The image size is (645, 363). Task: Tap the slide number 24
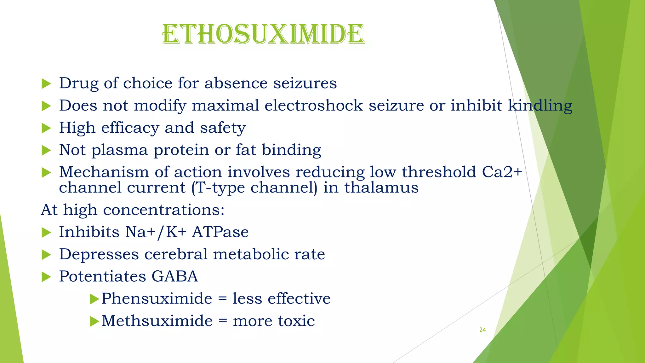pos(482,330)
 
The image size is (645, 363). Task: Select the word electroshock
pos(314,106)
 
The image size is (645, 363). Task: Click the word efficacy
pos(130,128)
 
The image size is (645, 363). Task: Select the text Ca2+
pos(502,172)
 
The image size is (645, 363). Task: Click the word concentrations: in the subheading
pos(164,210)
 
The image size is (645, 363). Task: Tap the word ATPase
pos(220,232)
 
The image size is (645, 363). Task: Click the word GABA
pos(174,277)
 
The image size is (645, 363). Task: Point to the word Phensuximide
pos(157,299)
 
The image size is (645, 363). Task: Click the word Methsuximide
pos(157,321)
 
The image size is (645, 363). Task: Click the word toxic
pos(296,321)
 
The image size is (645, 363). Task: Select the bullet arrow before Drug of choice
pos(46,84)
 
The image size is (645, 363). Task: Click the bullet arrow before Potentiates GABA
pos(46,277)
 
